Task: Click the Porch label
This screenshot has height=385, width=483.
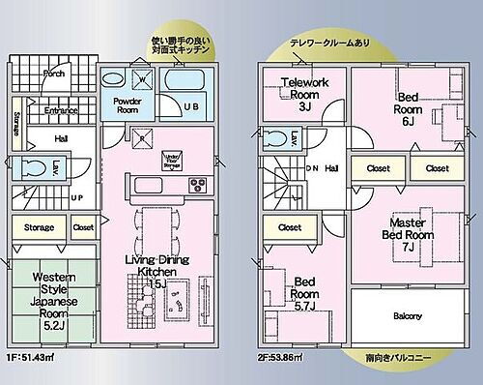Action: [54, 74]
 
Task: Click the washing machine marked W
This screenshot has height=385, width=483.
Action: [141, 80]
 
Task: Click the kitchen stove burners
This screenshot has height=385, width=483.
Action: [197, 185]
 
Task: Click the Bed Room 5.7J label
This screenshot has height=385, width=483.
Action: [304, 292]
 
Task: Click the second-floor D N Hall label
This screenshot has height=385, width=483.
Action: [322, 168]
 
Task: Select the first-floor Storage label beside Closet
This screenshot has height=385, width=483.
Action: [39, 229]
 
